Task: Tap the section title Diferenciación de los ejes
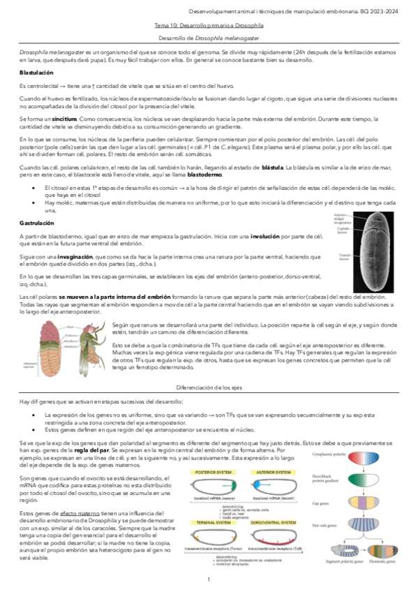[209, 385]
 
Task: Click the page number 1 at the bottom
[209, 579]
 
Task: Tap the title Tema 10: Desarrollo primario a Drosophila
[209, 24]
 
